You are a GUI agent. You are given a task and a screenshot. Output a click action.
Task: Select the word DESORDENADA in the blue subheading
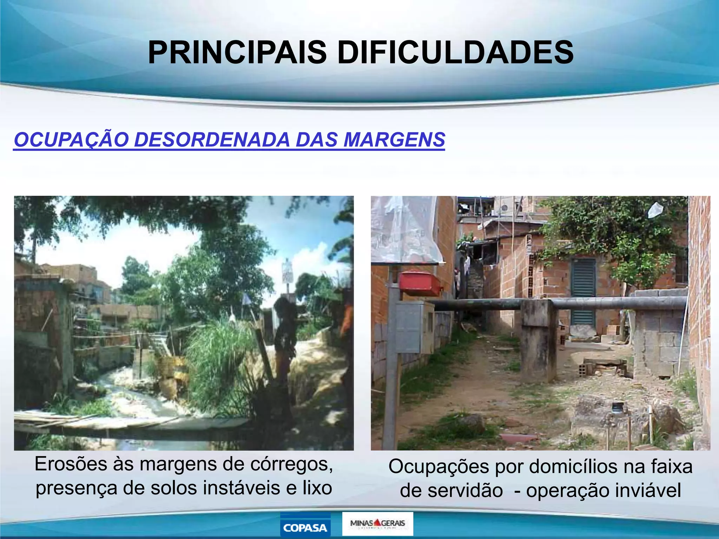point(212,140)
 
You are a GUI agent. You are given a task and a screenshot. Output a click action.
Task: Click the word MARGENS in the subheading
point(394,140)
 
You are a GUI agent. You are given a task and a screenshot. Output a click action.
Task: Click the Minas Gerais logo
point(377,524)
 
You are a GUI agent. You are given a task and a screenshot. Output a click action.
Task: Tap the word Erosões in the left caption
point(71,464)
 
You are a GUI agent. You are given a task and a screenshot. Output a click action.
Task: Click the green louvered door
point(583,291)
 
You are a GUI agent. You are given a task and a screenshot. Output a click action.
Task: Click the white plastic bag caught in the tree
point(655,210)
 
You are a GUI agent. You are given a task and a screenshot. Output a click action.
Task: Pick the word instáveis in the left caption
point(240,488)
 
